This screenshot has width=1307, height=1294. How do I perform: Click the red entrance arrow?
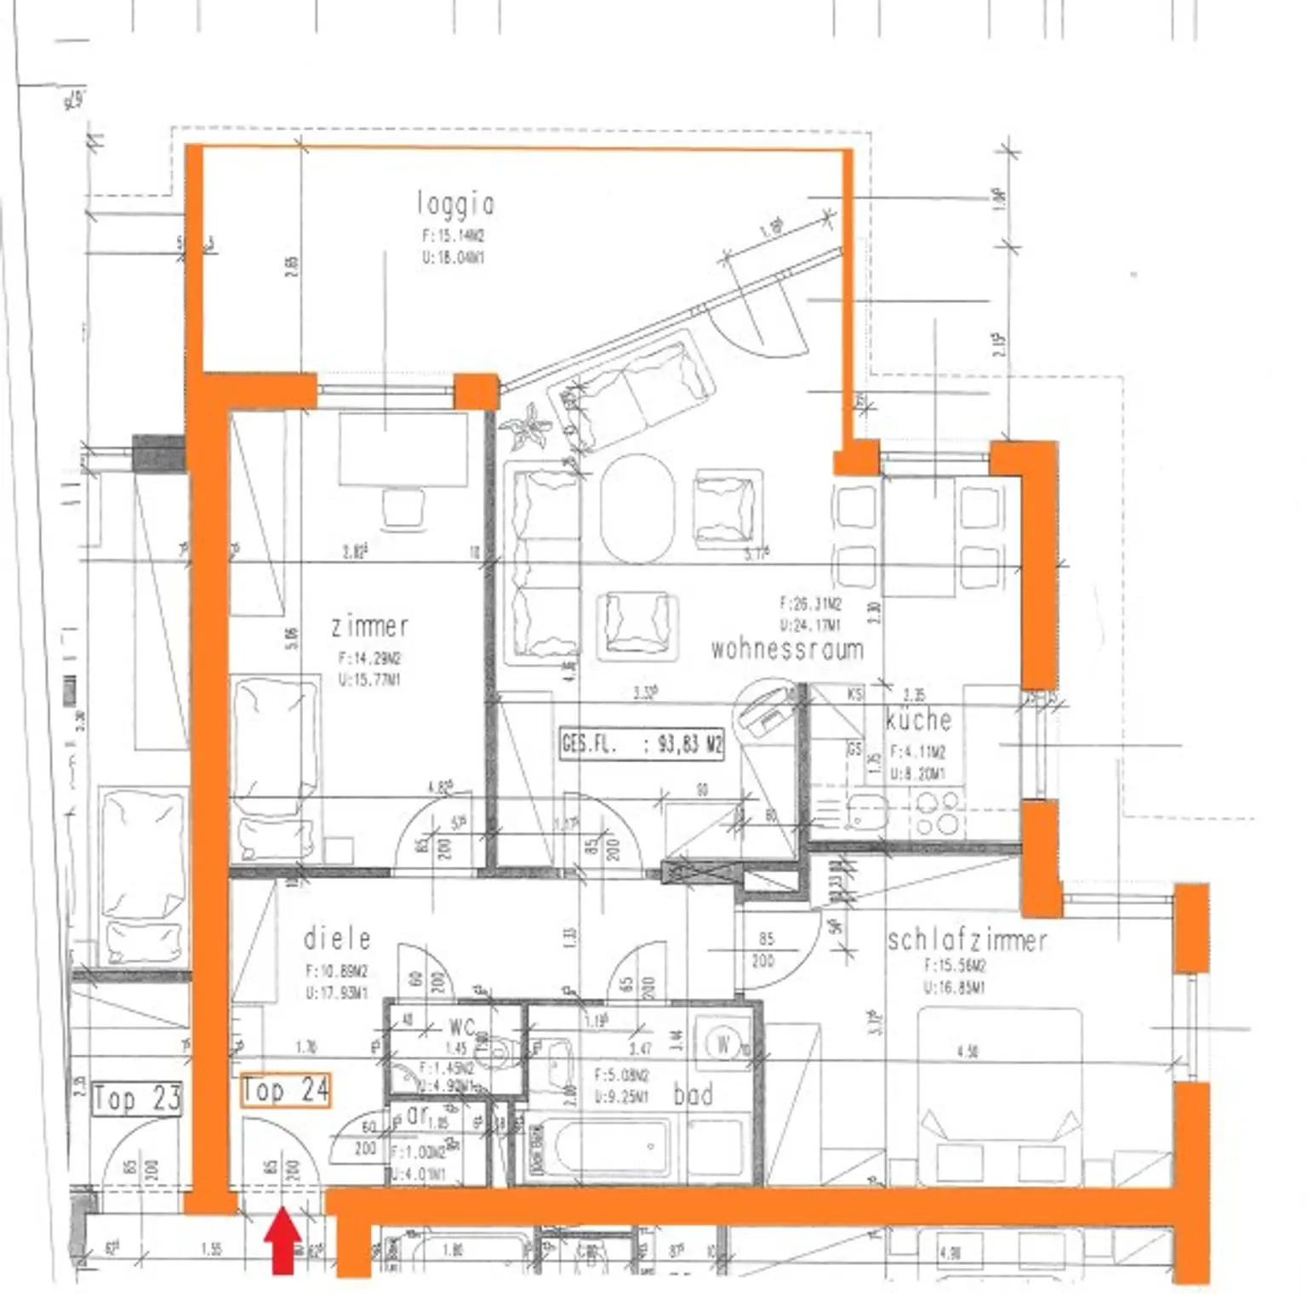coord(283,1243)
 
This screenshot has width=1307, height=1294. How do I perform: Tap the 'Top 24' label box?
coord(285,1090)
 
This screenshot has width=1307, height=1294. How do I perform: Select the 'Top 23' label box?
coord(137,1098)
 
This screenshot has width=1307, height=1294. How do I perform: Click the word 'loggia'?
coord(456,204)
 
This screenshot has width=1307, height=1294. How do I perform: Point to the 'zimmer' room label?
coord(370,627)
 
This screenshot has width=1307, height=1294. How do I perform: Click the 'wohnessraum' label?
coord(787,649)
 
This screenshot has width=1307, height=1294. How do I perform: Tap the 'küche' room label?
coord(918,720)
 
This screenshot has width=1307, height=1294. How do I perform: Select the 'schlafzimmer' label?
coord(967,940)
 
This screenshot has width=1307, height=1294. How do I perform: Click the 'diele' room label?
coord(338,938)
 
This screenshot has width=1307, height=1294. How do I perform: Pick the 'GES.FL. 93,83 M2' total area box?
coord(642,744)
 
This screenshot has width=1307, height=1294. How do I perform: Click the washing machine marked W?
coord(722,1043)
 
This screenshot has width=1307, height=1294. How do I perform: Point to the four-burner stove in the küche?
coord(937,812)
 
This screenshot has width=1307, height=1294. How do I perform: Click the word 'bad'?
coord(693,1095)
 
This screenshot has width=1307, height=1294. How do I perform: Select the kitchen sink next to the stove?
coord(865,811)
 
